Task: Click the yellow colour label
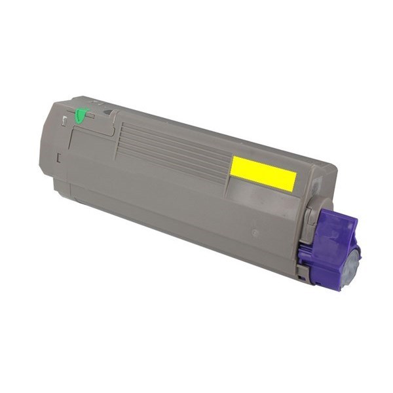263,174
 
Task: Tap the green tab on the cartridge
81,116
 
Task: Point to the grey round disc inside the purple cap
352,265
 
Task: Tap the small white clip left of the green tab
64,120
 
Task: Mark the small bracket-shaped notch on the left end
58,158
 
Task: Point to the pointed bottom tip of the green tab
79,122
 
